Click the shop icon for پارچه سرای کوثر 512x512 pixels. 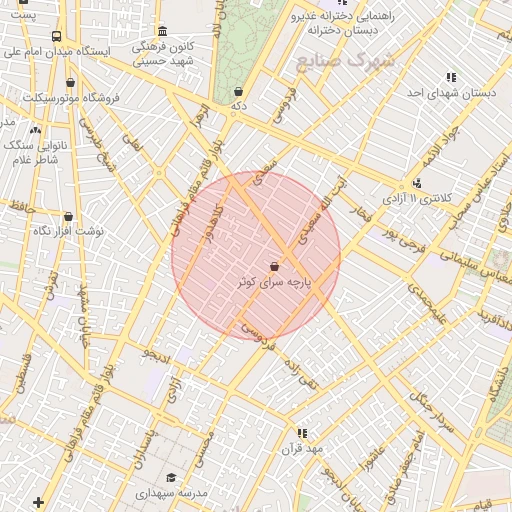[275, 266]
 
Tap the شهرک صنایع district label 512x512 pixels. [345, 61]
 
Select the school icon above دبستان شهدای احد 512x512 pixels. [451, 77]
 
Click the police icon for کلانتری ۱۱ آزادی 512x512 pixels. [417, 183]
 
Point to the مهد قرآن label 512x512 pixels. [303, 449]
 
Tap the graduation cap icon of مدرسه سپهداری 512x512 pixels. [171, 478]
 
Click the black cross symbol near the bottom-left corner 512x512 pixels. [39, 501]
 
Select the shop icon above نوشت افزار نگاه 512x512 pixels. [68, 216]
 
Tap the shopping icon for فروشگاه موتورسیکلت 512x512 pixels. [70, 83]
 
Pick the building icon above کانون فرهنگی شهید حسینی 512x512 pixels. [162, 31]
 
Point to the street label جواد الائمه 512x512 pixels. [441, 144]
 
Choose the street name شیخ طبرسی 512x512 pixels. [92, 151]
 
